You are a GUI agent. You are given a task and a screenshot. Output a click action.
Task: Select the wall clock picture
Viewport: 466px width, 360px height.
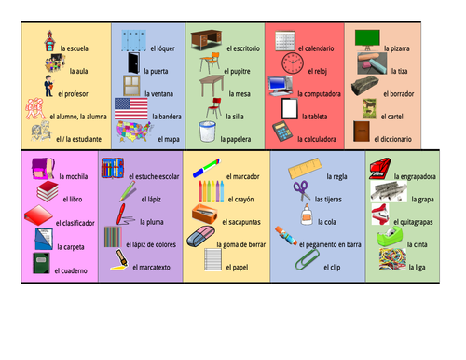(x=293, y=62)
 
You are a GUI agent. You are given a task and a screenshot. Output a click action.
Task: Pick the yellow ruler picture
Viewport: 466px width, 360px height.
(x=304, y=171)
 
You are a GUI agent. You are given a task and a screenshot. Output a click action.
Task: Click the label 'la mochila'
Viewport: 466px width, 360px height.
(x=73, y=175)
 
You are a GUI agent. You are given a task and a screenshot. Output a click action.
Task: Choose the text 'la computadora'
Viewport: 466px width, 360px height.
(x=319, y=93)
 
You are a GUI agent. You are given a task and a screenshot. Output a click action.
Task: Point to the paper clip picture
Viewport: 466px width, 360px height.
(x=305, y=258)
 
